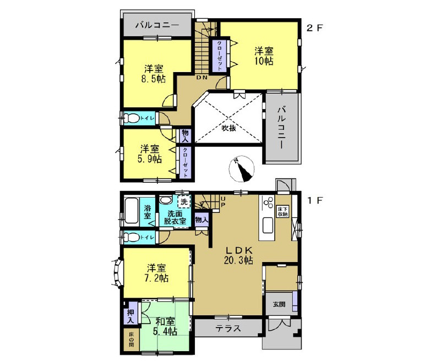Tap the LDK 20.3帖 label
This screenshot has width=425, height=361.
tap(238, 255)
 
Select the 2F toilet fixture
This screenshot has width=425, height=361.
tap(132, 118)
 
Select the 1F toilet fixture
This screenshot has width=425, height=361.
tap(132, 237)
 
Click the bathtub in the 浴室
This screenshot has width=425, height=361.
tap(130, 211)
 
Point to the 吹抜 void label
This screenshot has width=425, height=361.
tap(229, 128)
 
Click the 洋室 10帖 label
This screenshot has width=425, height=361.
tap(264, 56)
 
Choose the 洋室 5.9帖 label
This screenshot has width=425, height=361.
tap(150, 154)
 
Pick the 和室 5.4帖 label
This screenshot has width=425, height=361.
tap(165, 326)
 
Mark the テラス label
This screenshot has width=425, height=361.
tap(226, 328)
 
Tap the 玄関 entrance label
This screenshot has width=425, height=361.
tap(279, 304)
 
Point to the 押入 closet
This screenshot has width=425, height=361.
tap(130, 314)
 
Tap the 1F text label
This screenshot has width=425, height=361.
tap(314, 201)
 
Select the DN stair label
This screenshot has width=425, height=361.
tap(202, 77)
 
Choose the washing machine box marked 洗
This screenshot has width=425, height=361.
tap(184, 202)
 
